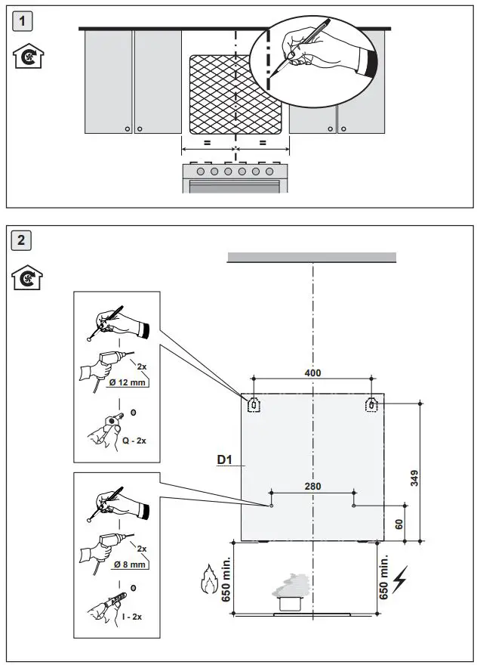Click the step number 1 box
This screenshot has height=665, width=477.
coord(26,21)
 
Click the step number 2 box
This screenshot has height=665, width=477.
coord(26,242)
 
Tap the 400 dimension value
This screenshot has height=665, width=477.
coord(312,373)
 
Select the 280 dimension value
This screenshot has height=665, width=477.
coord(312,486)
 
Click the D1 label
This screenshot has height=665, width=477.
coord(224,459)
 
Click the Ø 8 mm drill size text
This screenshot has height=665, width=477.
coord(128,564)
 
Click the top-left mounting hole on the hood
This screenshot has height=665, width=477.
coord(254,405)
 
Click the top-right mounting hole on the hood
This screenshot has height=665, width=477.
coord(371,405)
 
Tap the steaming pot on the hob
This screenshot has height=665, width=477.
coord(291,593)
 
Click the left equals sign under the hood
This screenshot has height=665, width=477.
coord(206,142)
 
